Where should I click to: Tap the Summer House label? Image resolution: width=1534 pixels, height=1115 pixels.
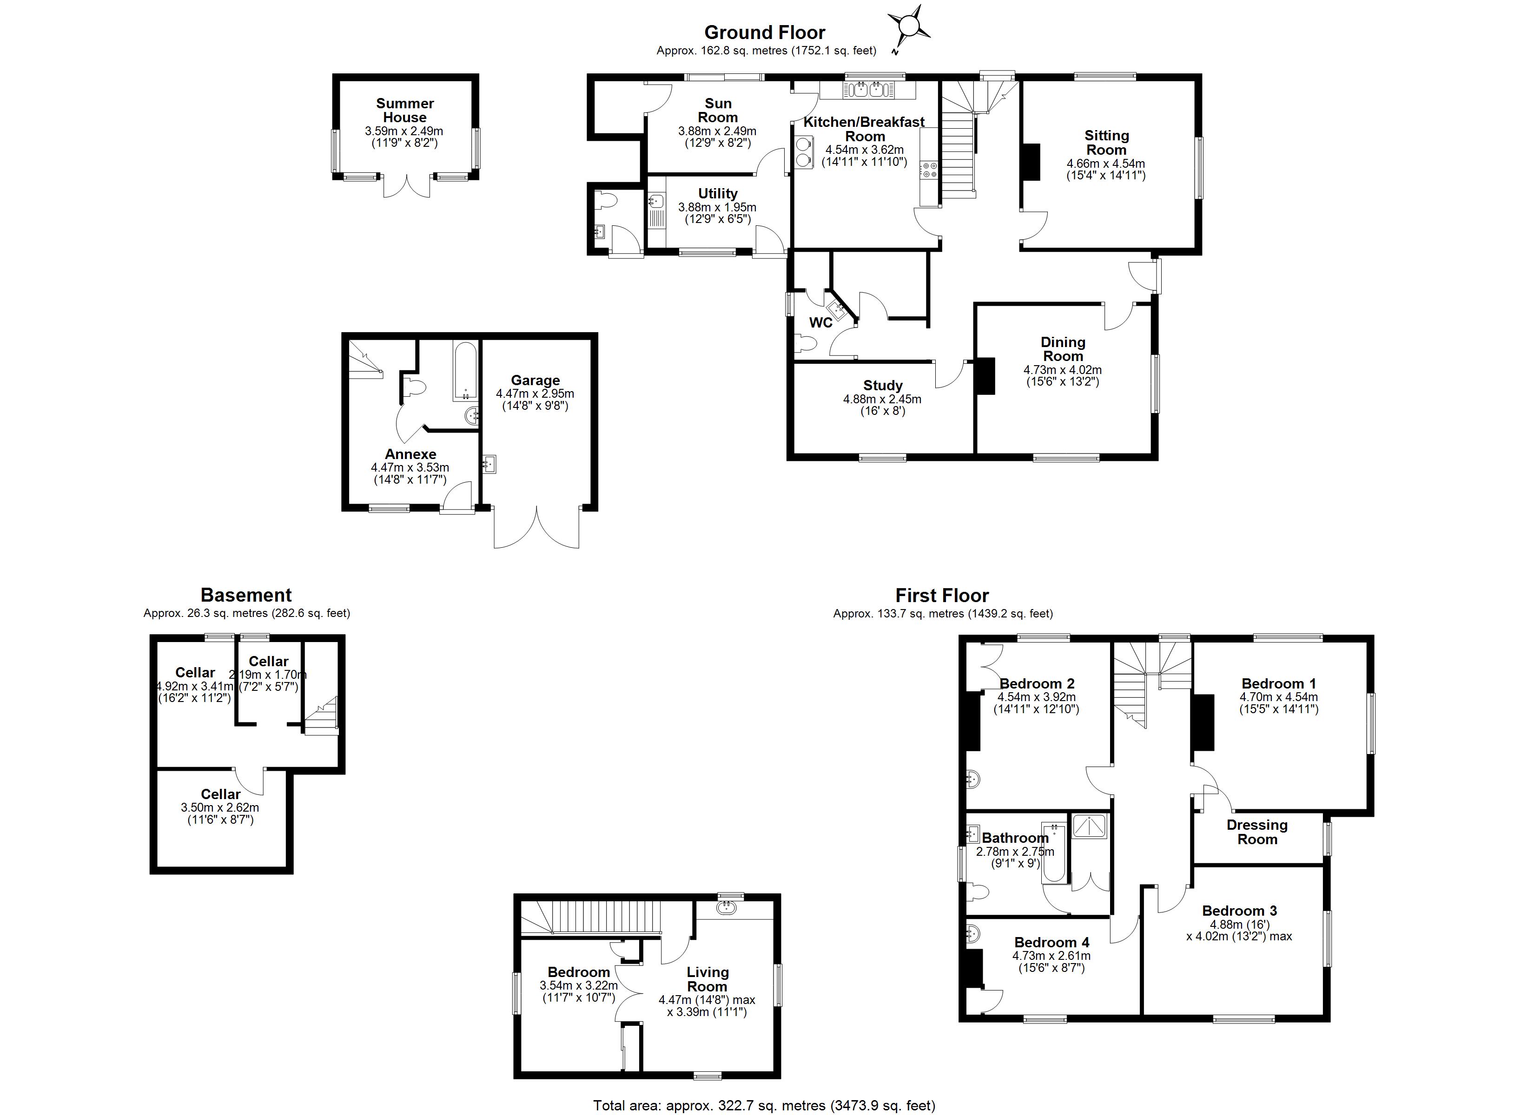tap(404, 110)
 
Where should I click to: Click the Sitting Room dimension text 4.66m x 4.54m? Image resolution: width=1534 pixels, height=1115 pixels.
tap(1106, 164)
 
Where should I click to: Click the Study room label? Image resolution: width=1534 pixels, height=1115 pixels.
tap(883, 386)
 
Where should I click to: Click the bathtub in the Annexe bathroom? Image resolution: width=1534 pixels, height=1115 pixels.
tap(465, 372)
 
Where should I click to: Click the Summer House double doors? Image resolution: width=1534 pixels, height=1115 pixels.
tap(406, 186)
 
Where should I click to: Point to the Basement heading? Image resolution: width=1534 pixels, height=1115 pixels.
tap(246, 595)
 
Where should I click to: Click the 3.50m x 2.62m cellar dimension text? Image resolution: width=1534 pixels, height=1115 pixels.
tap(220, 807)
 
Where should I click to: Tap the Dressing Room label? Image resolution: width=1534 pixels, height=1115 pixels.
tap(1256, 832)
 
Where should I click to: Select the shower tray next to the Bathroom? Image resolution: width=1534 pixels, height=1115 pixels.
tap(1090, 827)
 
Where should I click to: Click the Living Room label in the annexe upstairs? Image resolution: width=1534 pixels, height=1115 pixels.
tap(707, 979)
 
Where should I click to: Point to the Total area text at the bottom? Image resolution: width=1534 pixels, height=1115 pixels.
tap(764, 1106)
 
